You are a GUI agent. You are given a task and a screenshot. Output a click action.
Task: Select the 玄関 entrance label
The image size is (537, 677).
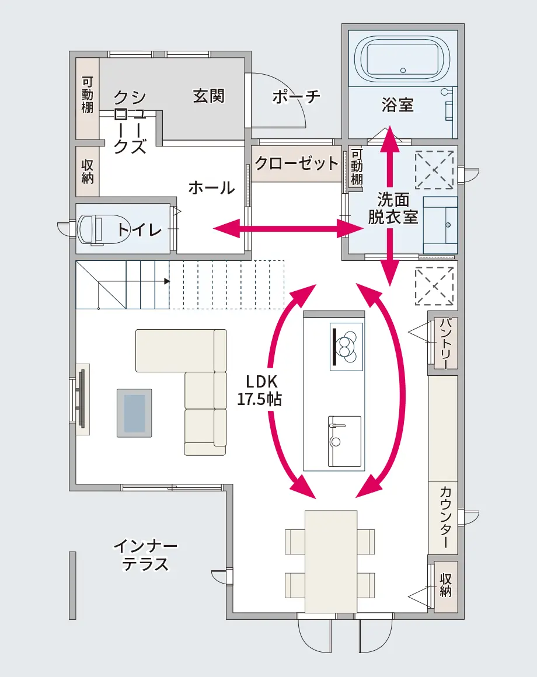208,95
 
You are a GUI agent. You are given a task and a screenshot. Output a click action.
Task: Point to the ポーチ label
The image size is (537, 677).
296,96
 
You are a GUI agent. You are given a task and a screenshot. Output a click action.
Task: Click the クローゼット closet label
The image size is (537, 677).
297,163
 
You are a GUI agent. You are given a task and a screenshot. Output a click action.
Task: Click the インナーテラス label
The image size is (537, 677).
145,555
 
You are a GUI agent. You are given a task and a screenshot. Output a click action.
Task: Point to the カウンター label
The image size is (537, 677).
446,518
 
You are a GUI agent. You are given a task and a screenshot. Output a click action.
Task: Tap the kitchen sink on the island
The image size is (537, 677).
344,441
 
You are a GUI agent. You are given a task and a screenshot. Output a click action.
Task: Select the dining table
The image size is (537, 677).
330,561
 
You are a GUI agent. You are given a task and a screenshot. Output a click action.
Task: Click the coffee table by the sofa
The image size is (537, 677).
135,413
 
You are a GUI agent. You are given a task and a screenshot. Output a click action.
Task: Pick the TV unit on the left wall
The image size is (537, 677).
82,399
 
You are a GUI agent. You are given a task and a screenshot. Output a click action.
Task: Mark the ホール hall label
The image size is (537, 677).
211,187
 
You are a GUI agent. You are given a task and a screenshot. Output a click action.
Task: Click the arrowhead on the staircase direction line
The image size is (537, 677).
168,281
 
